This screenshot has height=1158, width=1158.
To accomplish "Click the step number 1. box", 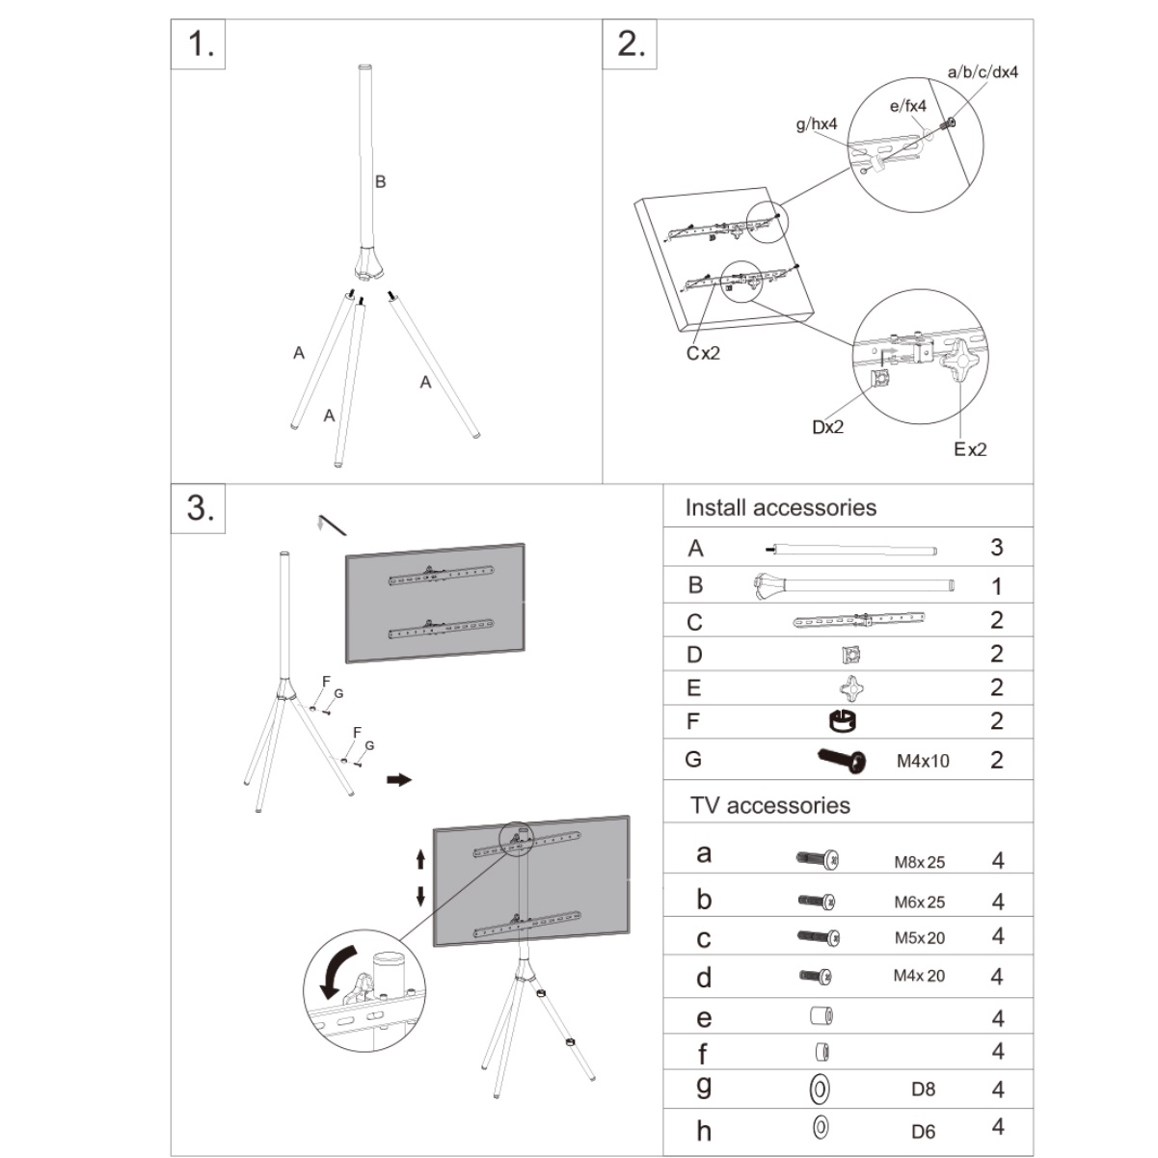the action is (199, 43).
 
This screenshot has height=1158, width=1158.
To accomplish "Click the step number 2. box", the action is (630, 43).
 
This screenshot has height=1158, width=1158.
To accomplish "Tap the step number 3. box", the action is (199, 508).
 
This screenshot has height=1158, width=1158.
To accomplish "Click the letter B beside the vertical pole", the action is (381, 181).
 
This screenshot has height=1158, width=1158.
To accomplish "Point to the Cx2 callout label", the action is (703, 353).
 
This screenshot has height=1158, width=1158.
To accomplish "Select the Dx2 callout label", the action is (828, 427).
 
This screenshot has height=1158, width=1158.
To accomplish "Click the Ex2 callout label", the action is (971, 449).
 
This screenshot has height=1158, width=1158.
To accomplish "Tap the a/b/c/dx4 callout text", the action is (983, 72).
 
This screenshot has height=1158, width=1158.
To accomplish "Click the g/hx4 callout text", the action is (817, 123).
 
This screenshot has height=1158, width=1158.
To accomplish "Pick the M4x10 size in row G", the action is (923, 761).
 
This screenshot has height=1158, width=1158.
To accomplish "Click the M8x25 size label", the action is (920, 862).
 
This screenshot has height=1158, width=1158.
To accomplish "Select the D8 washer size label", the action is (923, 1089).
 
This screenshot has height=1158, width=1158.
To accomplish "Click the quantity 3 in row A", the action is (996, 548).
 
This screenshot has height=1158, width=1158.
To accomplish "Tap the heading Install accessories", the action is (781, 508).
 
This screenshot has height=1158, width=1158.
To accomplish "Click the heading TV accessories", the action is (770, 805).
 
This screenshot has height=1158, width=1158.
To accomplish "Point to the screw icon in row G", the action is (843, 760).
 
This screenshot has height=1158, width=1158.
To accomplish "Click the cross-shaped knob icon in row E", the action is (851, 688).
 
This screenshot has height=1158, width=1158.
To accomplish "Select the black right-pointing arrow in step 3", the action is (399, 780).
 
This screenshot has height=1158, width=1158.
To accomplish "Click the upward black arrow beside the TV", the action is (420, 859).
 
